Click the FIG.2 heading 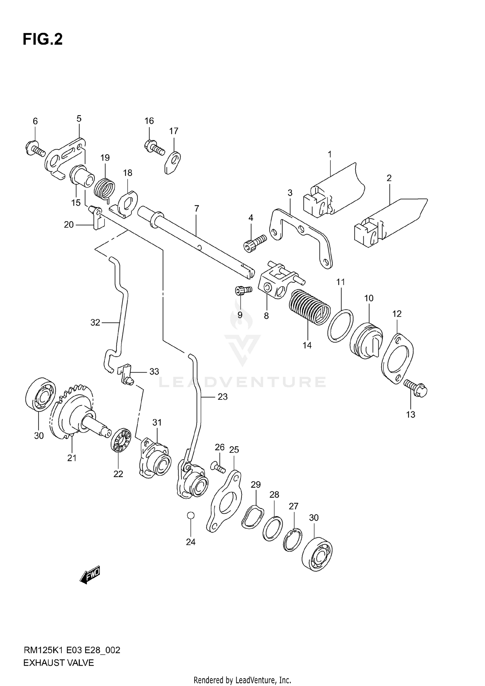click(x=42, y=39)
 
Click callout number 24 click(x=190, y=542)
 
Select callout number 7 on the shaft click(x=197, y=209)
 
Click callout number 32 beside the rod click(x=95, y=322)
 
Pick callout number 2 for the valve click(x=389, y=178)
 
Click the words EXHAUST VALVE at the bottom click(x=59, y=663)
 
